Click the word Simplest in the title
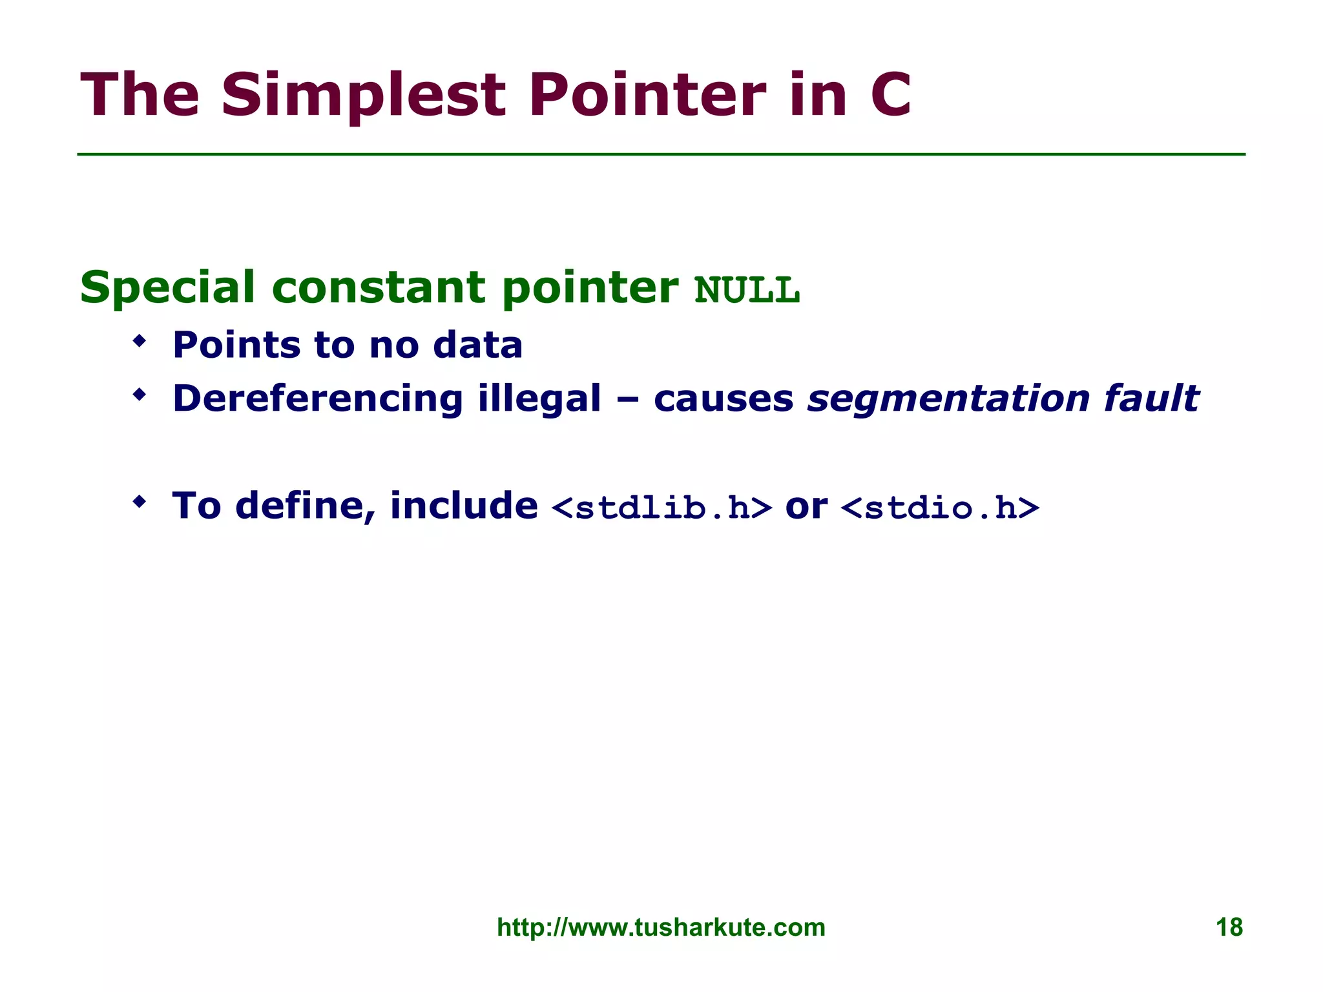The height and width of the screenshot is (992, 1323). (362, 95)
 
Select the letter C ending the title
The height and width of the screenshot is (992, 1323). (890, 95)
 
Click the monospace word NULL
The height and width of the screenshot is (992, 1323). (747, 290)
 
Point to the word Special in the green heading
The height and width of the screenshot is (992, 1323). (167, 287)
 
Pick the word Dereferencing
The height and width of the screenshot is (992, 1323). (318, 398)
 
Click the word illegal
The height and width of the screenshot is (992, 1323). (539, 398)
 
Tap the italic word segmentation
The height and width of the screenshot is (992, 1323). (948, 398)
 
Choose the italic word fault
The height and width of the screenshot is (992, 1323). (1151, 398)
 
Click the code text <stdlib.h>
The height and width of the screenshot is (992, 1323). (662, 508)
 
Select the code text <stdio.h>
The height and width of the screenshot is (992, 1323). (940, 508)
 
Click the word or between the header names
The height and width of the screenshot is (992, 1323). (806, 506)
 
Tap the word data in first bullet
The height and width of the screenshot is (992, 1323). (477, 345)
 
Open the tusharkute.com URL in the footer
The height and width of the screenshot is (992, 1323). (661, 927)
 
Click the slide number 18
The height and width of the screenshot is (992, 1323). (1229, 927)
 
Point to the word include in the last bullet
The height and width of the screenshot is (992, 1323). (463, 505)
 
